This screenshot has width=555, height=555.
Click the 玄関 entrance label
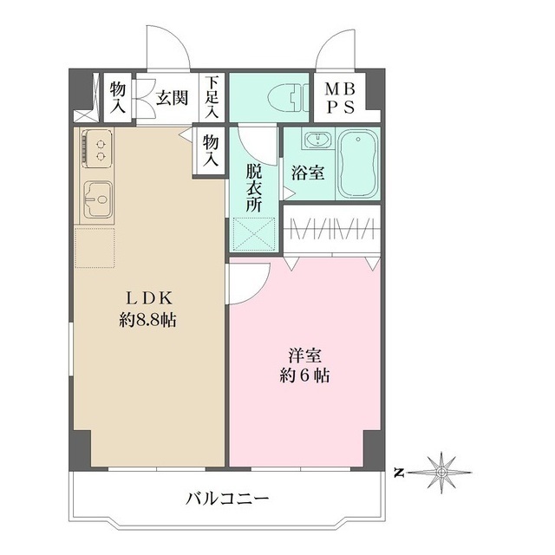tap(173, 97)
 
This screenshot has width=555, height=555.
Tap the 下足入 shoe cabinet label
tap(212, 97)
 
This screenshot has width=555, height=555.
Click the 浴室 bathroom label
tap(308, 172)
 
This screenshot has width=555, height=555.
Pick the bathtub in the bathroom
tap(357, 165)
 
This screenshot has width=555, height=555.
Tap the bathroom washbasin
tap(314, 140)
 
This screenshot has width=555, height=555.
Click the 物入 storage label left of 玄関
tap(117, 97)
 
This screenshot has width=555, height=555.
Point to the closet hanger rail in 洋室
tap(331, 230)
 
